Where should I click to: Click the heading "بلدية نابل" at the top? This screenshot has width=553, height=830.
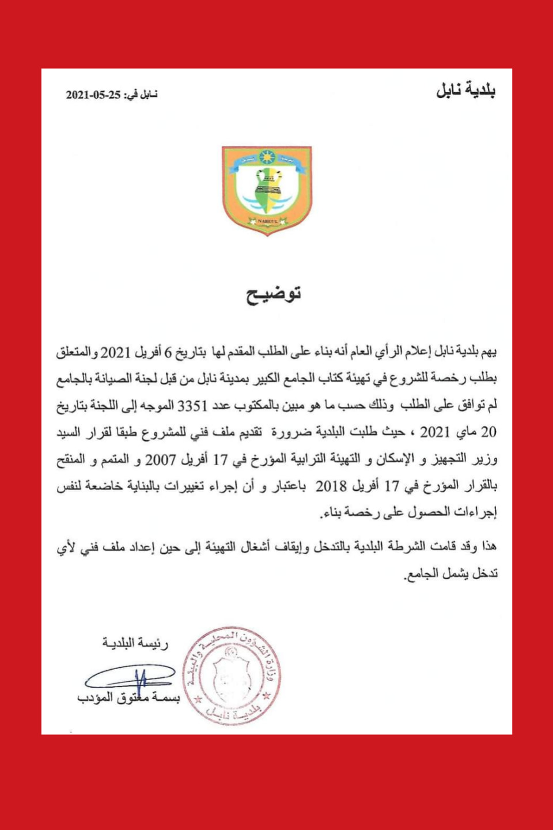pos(465,90)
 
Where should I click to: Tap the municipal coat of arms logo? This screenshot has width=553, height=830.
pos(267,190)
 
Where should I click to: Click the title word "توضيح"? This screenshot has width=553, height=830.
pos(274,294)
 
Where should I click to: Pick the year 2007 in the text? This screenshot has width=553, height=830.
pos(160,460)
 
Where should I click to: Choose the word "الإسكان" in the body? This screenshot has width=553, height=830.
pos(395,460)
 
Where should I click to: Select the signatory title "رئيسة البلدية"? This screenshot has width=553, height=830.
pos(135,643)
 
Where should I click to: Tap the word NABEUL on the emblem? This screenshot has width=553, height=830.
pos(267,221)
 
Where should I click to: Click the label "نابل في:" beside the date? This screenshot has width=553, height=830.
pos(141,95)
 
